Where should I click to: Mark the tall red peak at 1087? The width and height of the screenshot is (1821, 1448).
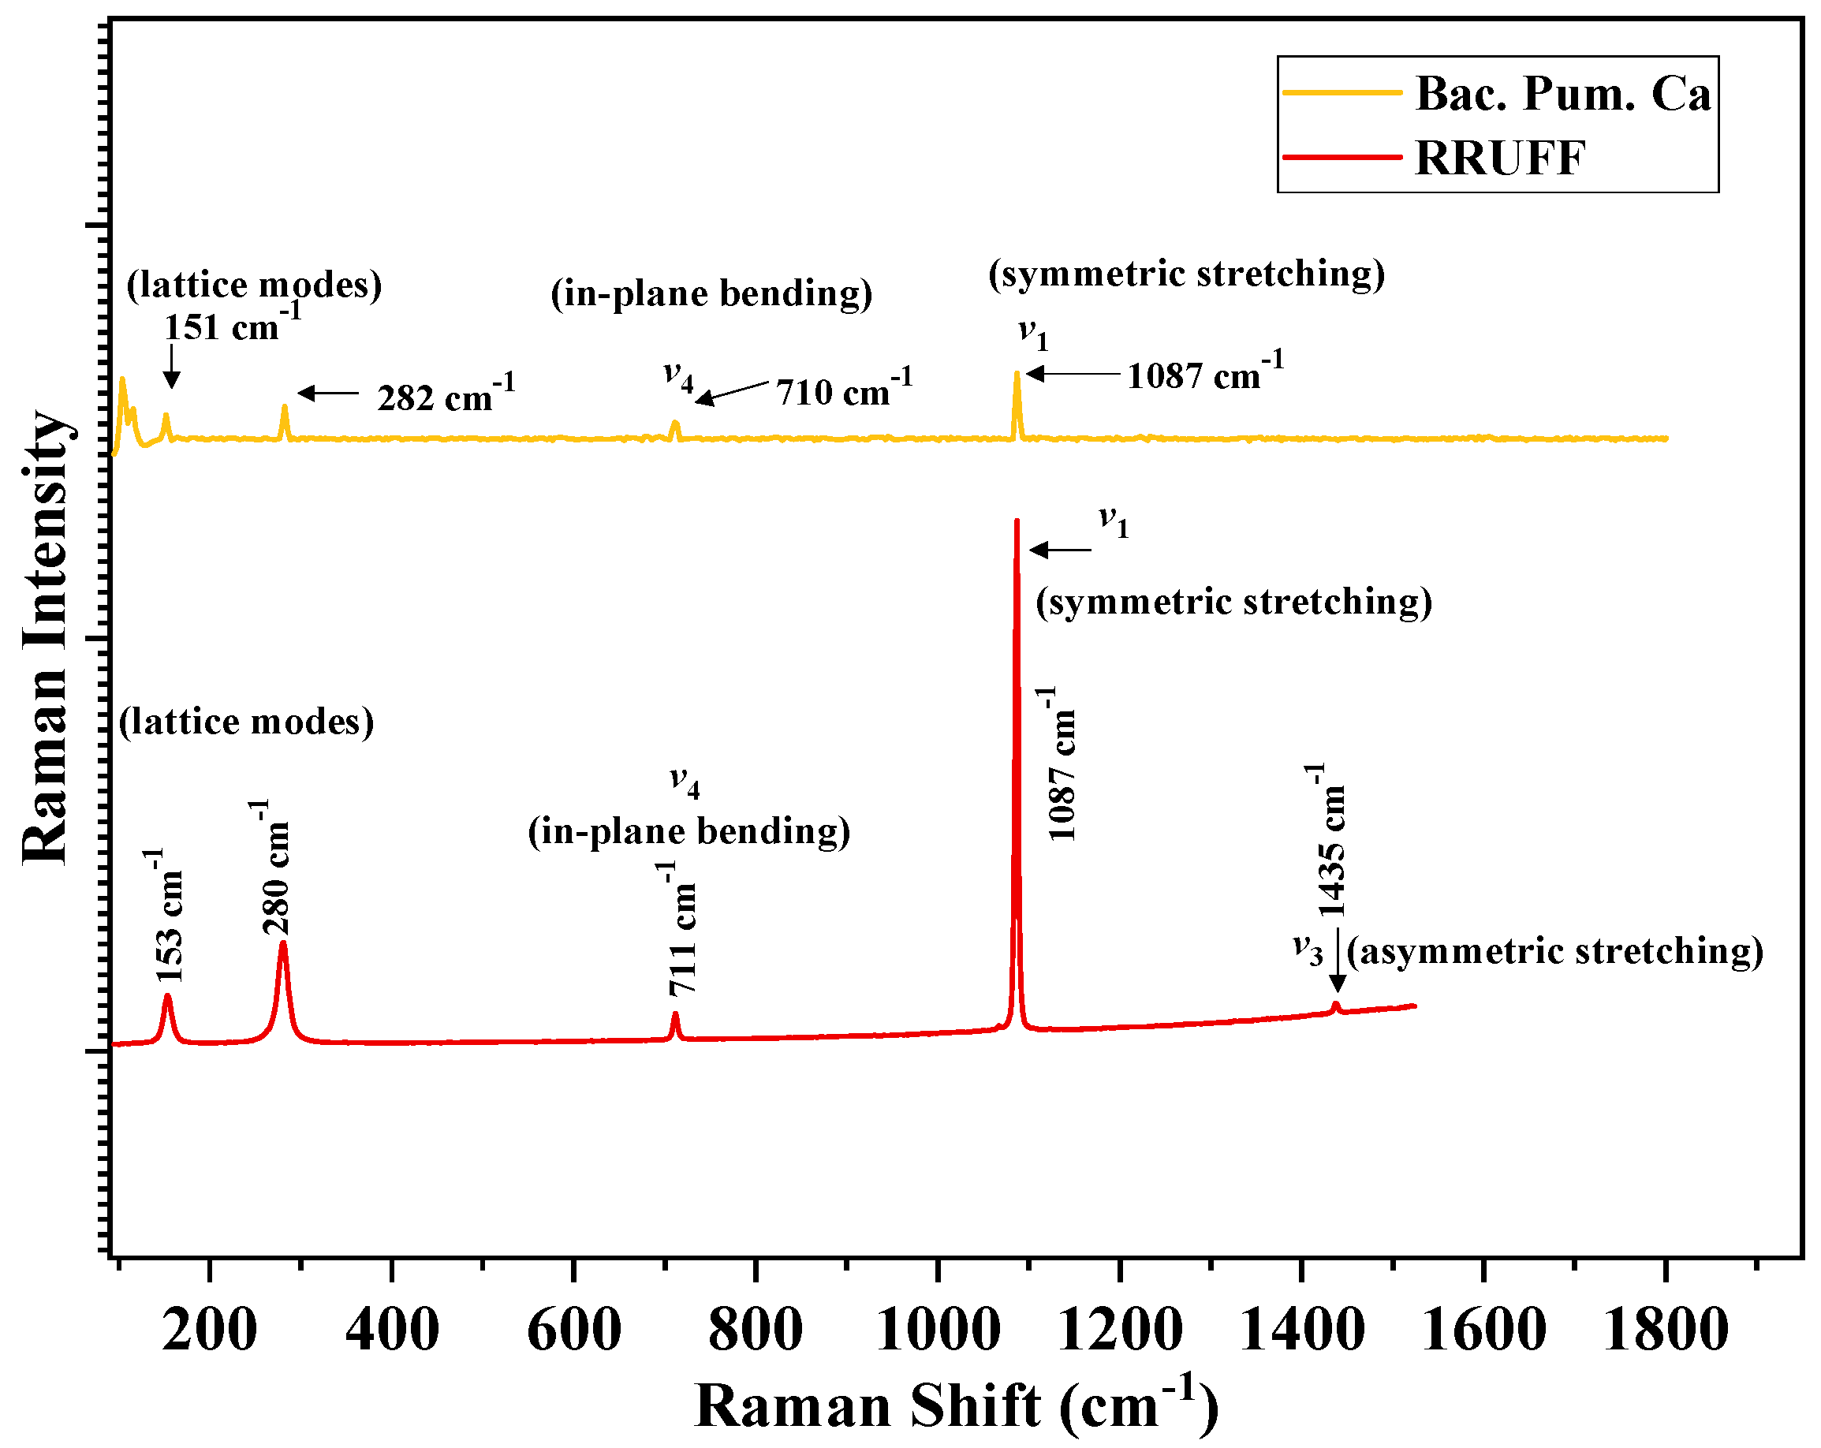pos(1017,524)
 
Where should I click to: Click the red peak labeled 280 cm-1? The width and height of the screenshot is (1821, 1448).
pos(283,945)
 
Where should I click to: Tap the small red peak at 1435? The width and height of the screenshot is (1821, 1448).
pos(1336,1005)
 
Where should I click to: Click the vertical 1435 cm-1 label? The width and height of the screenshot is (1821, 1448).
pos(1331,840)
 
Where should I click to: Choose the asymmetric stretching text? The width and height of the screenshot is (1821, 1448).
pos(1555,951)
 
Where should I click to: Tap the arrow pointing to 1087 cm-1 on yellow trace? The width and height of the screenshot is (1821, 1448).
pos(1073,373)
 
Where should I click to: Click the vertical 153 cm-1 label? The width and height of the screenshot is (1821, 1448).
pos(169,916)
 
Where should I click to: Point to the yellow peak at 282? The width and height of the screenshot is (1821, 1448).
pos(285,408)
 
